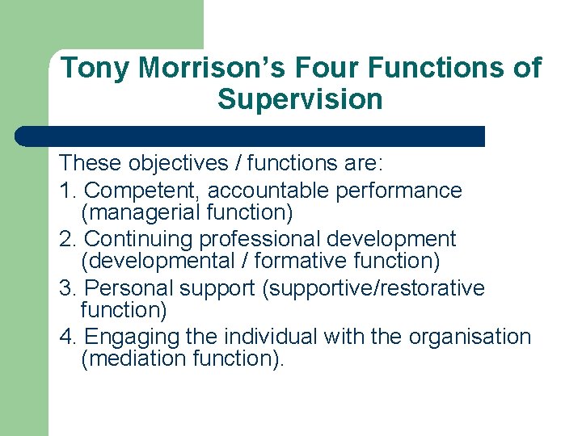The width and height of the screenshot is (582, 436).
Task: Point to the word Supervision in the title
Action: pyautogui.click(x=300, y=100)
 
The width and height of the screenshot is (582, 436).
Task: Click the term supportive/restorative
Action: pyautogui.click(x=373, y=288)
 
